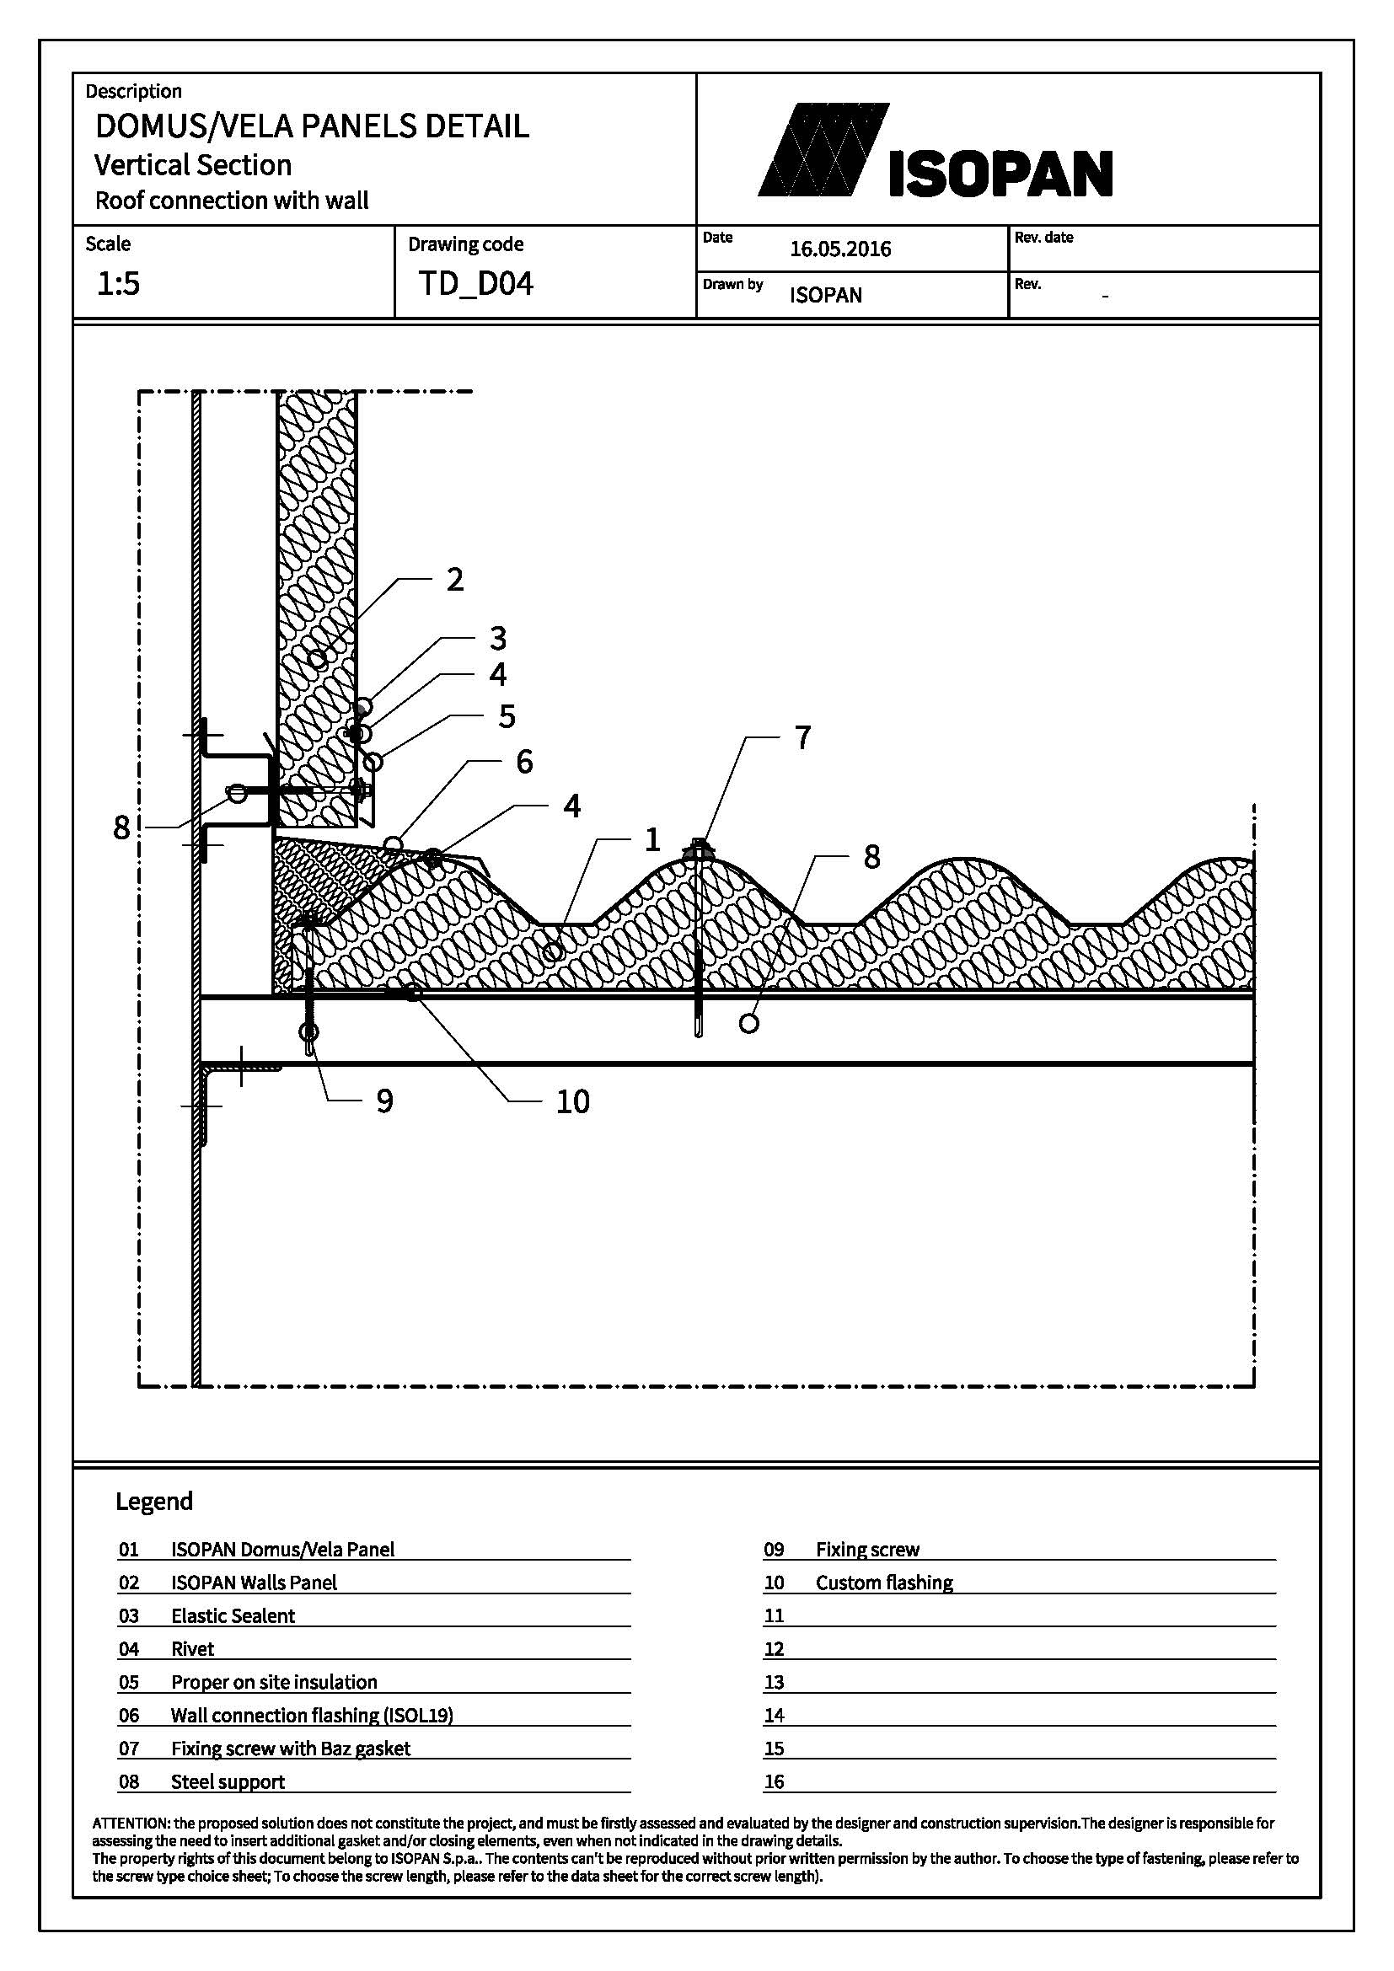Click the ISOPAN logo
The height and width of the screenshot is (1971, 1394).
pos(936,151)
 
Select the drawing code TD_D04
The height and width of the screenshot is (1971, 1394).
pos(475,283)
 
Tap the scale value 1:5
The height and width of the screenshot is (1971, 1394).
pos(118,283)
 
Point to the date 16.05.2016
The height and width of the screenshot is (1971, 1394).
pos(840,249)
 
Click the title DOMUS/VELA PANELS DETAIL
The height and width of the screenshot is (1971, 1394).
pos(312,126)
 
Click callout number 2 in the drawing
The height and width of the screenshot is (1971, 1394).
pos(455,580)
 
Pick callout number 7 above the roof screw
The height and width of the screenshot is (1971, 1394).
pos(802,737)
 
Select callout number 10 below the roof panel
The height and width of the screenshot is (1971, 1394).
pos(573,1101)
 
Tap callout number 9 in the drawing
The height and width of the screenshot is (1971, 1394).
pos(384,1101)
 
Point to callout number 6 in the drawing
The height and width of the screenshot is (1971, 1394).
pos(524,762)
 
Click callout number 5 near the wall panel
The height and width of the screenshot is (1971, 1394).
pos(507,716)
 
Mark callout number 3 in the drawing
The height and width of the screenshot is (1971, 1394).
pos(498,639)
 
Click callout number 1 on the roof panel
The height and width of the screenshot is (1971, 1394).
pos(652,839)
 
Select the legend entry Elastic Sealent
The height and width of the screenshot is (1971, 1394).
pos(233,1615)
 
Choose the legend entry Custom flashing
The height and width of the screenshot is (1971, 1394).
pos(884,1583)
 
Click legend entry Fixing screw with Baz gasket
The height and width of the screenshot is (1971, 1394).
pos(290,1748)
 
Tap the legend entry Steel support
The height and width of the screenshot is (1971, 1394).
pos(228,1781)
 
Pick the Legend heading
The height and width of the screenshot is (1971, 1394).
pos(154,1502)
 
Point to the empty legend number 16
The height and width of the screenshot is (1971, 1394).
pos(775,1782)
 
